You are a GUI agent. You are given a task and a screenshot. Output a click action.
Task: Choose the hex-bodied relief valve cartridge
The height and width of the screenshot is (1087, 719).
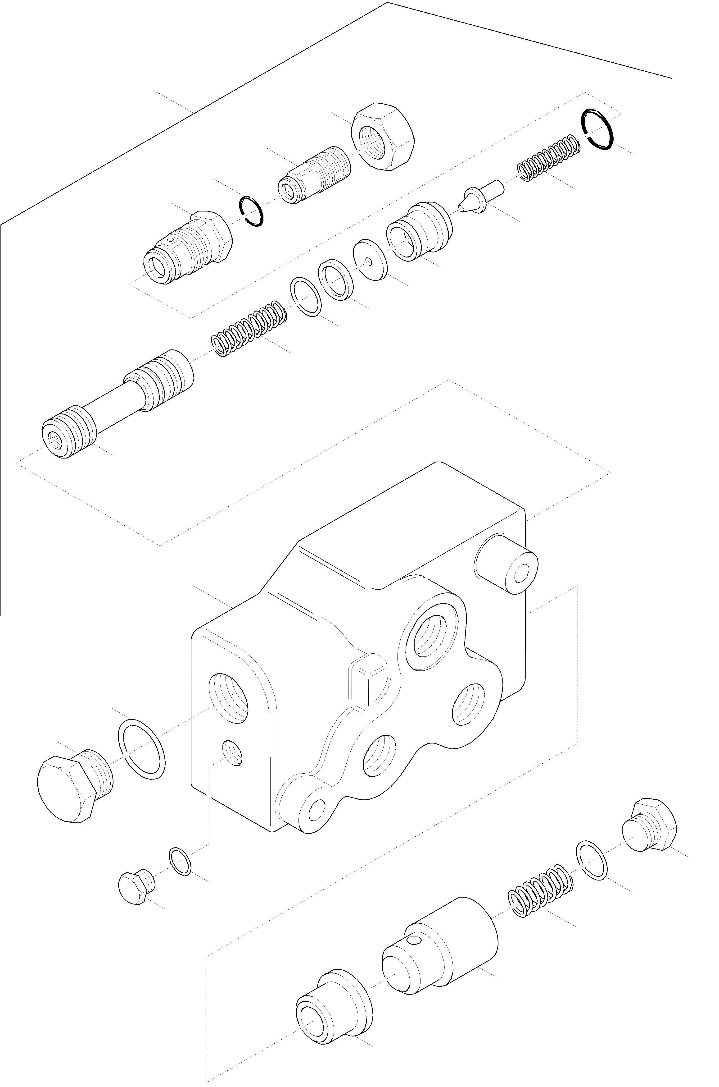[188, 248]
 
